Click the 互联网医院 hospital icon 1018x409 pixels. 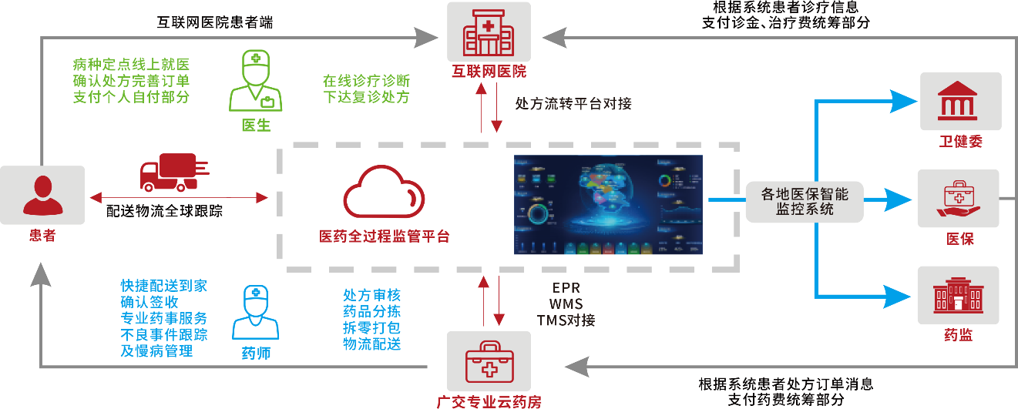489,32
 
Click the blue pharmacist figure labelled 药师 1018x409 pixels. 255,312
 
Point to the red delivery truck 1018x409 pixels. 173,173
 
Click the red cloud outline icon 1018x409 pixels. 383,195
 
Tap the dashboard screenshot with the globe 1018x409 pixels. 608,205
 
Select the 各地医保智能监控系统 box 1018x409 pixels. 805,201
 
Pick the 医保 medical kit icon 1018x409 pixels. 958,198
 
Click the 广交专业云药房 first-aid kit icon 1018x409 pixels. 489,360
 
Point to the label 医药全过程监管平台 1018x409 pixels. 384,236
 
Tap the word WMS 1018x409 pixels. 566,303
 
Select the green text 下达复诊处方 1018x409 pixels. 366,97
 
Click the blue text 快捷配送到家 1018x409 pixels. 163,286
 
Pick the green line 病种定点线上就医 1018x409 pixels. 131,65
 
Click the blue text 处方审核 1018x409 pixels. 371,295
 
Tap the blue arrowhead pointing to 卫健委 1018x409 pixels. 902,100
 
